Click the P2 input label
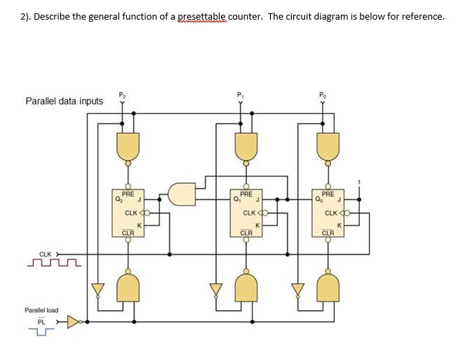[123, 92]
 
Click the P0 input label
[321, 92]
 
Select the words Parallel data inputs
[64, 101]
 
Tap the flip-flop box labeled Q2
[128, 213]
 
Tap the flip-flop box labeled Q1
[247, 213]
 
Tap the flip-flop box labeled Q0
[328, 213]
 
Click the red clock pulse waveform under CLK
[53, 264]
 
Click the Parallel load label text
[41, 309]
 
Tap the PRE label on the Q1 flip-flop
[246, 194]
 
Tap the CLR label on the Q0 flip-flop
[328, 232]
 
